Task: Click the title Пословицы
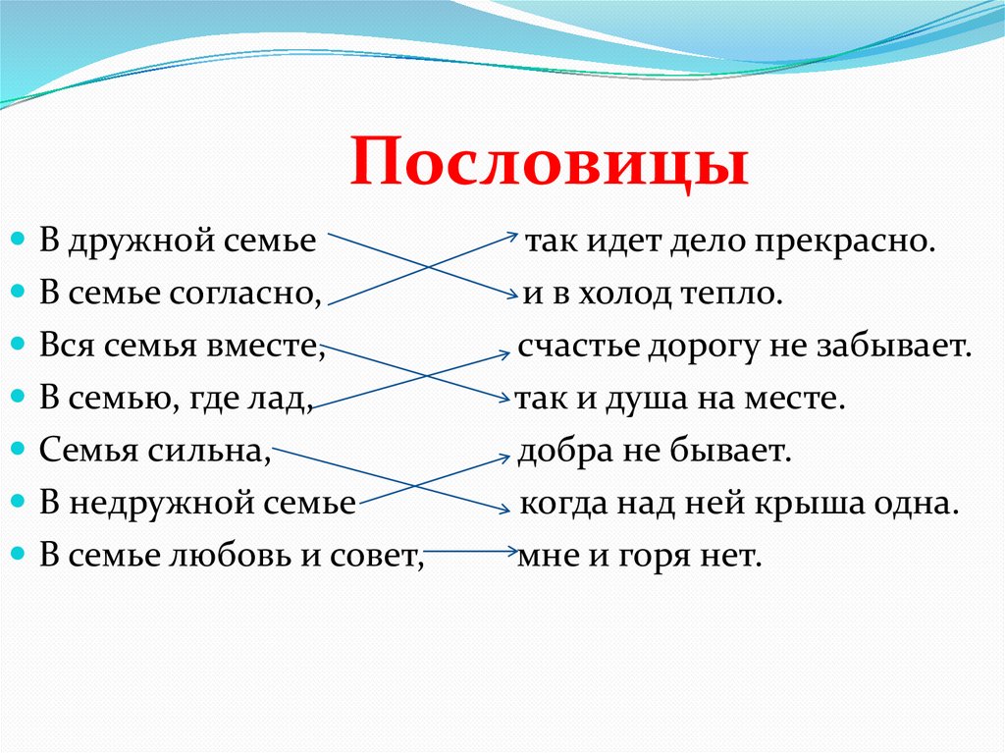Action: point(549,164)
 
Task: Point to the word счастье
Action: point(572,347)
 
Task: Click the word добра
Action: point(558,451)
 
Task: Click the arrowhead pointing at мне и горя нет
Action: point(511,553)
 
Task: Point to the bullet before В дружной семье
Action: point(19,241)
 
